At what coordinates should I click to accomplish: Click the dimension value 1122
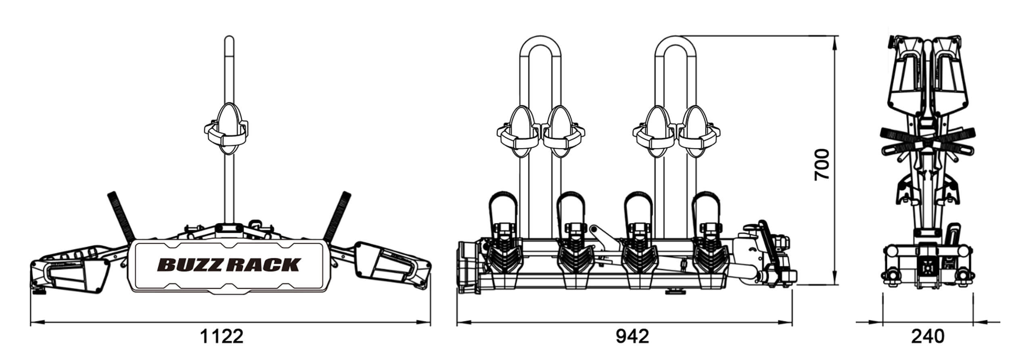coord(222,336)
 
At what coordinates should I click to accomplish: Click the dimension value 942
coord(632,336)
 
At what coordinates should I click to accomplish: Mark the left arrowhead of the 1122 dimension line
coord(36,322)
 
